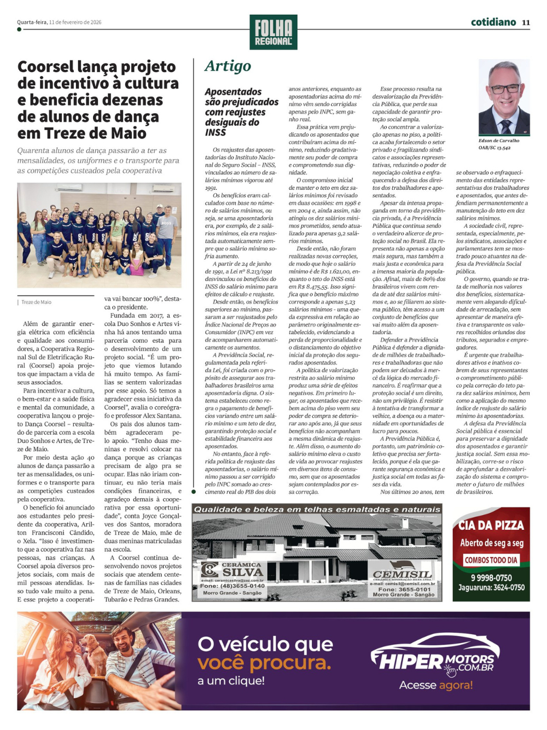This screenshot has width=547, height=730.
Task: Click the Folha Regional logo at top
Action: (273, 32)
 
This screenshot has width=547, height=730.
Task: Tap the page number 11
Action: (526, 22)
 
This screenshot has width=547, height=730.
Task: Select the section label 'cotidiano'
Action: (493, 22)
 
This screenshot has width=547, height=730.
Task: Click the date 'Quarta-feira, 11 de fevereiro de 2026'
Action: (59, 22)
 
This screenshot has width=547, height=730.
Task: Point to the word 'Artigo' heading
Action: (228, 66)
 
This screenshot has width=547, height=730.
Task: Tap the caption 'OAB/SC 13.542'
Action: (494, 148)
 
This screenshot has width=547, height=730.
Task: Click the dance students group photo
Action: (99, 235)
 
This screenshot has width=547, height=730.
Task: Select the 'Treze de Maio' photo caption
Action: (37, 302)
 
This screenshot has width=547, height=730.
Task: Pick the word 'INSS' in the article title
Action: (216, 133)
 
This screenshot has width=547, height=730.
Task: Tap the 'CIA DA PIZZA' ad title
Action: (491, 525)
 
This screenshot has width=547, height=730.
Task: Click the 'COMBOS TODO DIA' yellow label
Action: (491, 560)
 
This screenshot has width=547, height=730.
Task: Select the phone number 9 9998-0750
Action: (491, 577)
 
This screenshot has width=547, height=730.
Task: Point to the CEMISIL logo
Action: (402, 574)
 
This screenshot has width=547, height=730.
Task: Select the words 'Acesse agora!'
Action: (436, 685)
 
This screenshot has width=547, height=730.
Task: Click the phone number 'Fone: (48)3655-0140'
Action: (232, 586)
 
